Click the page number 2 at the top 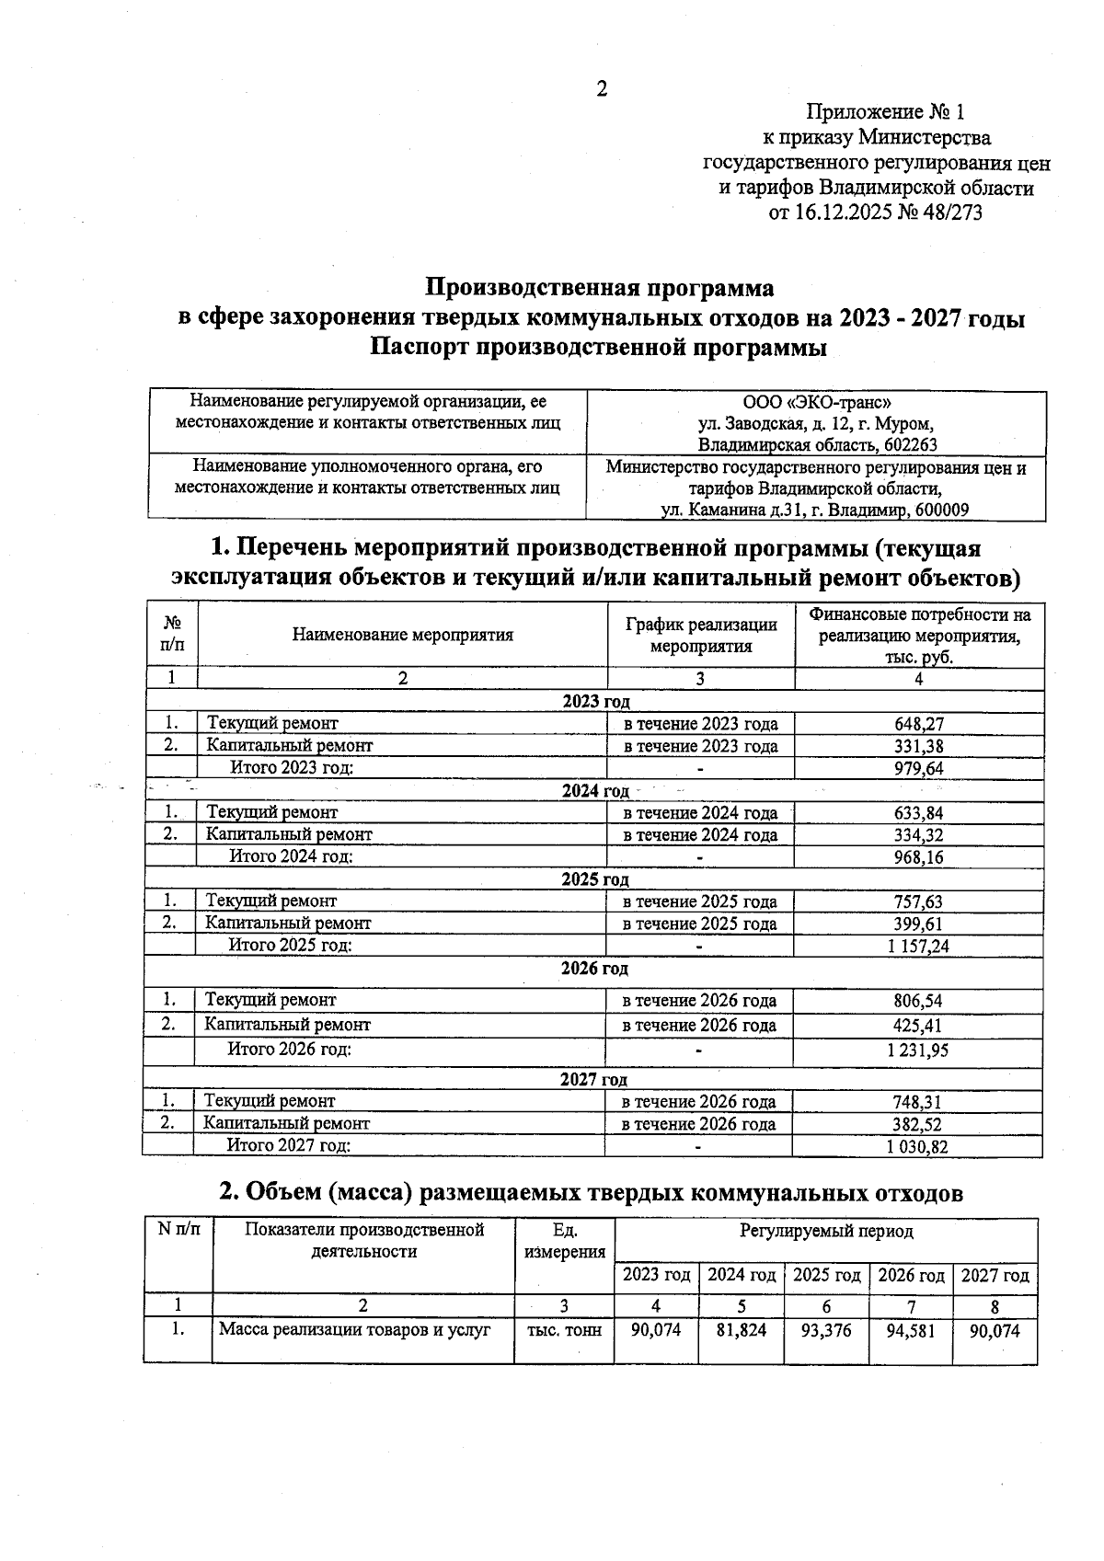(602, 89)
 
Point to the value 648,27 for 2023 (918, 724)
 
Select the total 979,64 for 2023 (918, 768)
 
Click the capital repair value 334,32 (918, 835)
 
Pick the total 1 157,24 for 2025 (918, 946)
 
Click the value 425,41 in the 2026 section (918, 1026)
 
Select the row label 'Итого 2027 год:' (289, 1145)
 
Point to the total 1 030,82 (917, 1147)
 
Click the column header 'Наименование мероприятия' (403, 635)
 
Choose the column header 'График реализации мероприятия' (701, 635)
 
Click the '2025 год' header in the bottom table (826, 1276)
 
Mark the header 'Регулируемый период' (826, 1231)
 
